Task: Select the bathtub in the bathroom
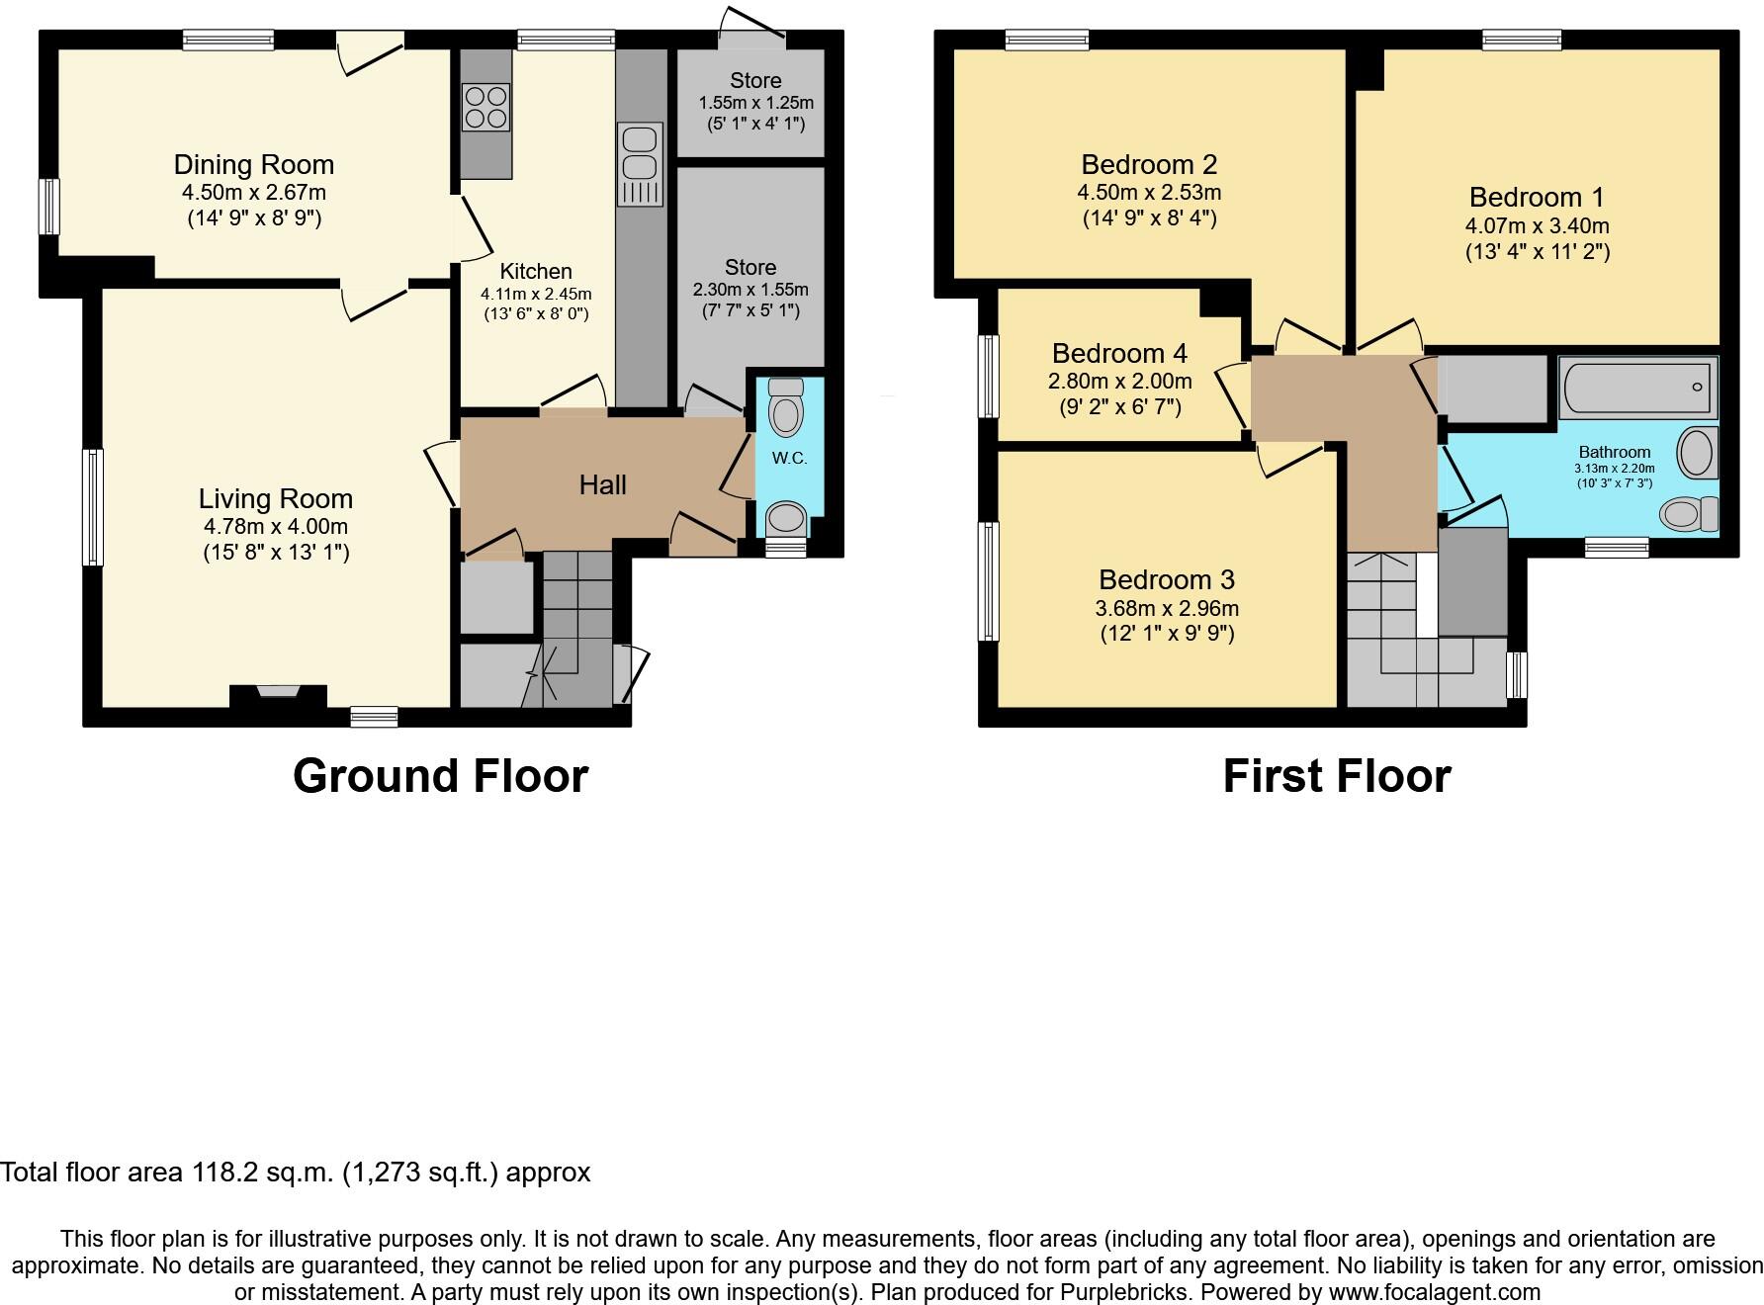pos(1637,389)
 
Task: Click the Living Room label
pos(275,499)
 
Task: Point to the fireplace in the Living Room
pos(278,693)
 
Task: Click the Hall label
pos(602,484)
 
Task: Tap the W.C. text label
pos(789,458)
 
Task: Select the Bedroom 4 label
pos(1119,353)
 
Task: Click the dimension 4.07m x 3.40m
pos(1537,225)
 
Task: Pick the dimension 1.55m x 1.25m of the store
pos(755,103)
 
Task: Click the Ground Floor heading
pos(440,776)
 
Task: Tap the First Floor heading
pos(1336,776)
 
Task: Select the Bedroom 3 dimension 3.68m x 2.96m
pos(1167,608)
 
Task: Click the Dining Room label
pos(254,164)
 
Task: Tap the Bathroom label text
pos(1614,452)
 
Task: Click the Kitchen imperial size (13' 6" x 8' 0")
pos(535,314)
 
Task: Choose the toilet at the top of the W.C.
pos(786,407)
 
